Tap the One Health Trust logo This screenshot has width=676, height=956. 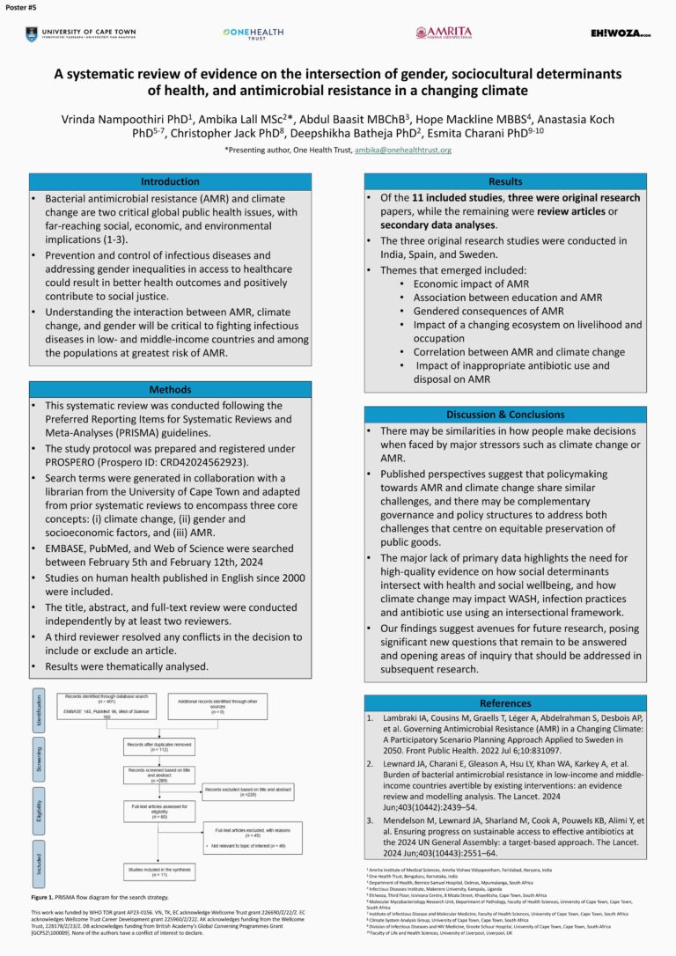[x=253, y=33]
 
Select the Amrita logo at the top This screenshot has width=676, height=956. [x=444, y=33]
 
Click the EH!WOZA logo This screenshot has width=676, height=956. [x=621, y=33]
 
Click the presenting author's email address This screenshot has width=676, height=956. [x=402, y=151]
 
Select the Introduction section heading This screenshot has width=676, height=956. [x=170, y=181]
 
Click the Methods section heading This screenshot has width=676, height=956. [x=170, y=389]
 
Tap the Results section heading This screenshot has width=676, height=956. [x=505, y=181]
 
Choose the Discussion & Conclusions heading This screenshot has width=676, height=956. [x=505, y=414]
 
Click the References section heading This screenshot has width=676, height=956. [x=505, y=702]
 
